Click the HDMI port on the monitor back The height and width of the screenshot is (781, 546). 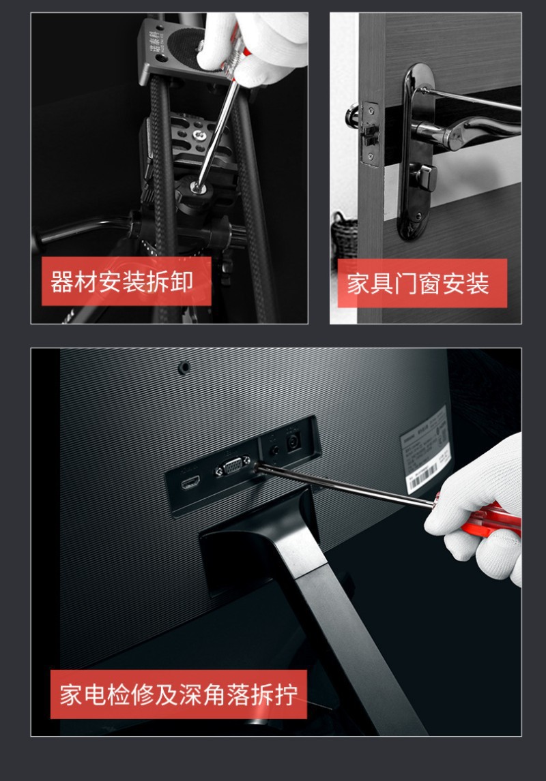[190, 485]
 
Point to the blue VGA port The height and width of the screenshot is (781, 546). [232, 470]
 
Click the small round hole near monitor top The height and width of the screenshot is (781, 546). [183, 367]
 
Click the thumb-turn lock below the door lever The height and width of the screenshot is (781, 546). [427, 177]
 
